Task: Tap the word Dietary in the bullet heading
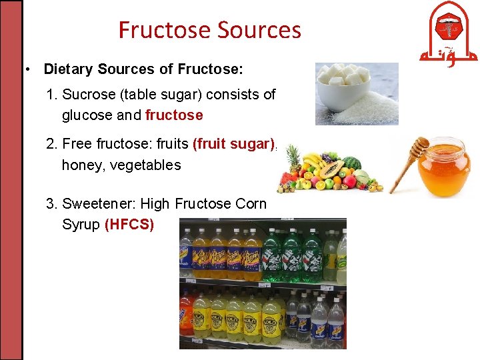[x=69, y=69]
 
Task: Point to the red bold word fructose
[x=174, y=115]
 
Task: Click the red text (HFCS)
[x=129, y=225]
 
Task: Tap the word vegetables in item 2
[x=145, y=165]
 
